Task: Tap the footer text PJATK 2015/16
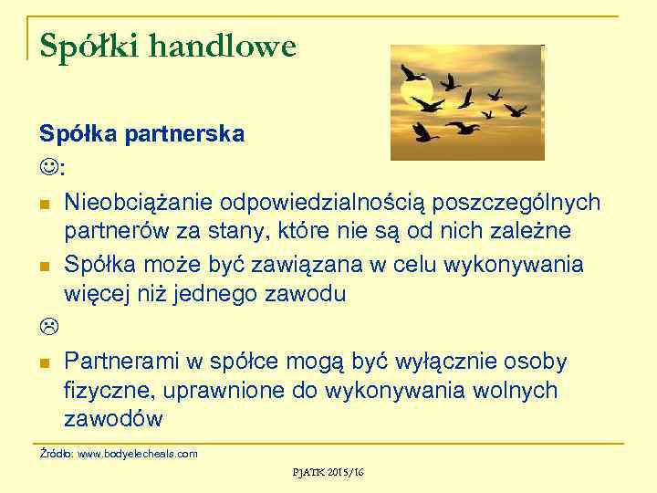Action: tap(328, 472)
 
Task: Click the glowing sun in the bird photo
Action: tap(416, 91)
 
